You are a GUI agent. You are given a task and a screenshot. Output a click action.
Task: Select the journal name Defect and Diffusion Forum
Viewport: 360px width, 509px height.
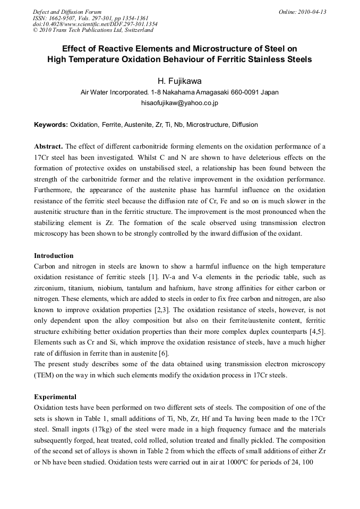[x=67, y=12]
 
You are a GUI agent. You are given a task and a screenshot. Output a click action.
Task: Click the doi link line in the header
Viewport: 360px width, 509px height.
[x=95, y=24]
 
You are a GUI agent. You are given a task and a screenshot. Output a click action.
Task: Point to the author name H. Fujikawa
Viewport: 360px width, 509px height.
[x=179, y=81]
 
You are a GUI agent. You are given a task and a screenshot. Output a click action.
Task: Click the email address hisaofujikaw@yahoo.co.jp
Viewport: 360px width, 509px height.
[x=179, y=102]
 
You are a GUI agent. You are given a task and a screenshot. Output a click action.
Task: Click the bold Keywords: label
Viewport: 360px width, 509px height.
[x=51, y=125]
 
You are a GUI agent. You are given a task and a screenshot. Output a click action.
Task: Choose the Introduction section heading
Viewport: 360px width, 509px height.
[x=54, y=256]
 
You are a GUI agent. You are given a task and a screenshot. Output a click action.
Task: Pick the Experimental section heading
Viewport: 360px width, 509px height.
[x=55, y=396]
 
